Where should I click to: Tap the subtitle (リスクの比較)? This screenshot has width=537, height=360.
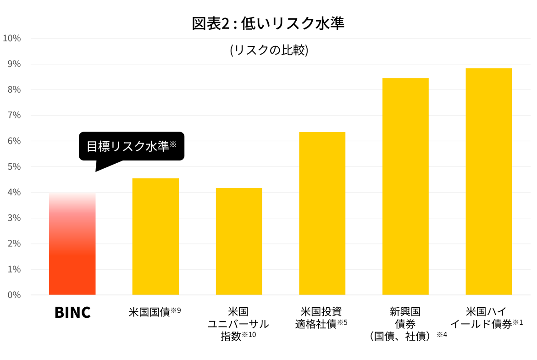click(269, 50)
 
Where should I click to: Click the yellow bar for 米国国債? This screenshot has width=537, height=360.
click(155, 236)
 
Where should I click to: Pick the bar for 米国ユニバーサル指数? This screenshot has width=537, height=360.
click(239, 241)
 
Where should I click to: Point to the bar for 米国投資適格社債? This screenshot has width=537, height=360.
click(322, 213)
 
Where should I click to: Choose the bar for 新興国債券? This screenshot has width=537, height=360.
click(405, 186)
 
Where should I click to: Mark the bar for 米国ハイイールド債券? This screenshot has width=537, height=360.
click(488, 181)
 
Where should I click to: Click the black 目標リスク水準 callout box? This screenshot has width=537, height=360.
click(132, 146)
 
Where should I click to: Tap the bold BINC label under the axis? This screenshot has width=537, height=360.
click(72, 312)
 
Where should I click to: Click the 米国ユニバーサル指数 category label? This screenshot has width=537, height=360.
click(238, 324)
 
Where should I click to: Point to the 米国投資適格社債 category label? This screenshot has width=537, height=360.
click(321, 317)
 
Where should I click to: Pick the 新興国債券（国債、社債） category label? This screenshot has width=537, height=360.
click(405, 324)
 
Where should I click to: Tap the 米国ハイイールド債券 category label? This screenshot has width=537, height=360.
click(487, 317)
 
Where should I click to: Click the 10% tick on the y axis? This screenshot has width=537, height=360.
click(11, 38)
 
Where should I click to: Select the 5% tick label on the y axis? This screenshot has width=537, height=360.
click(14, 166)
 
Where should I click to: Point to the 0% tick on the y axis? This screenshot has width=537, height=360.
click(14, 295)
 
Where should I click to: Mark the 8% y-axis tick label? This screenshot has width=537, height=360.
click(14, 89)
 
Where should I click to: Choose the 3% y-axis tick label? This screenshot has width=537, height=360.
click(14, 218)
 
